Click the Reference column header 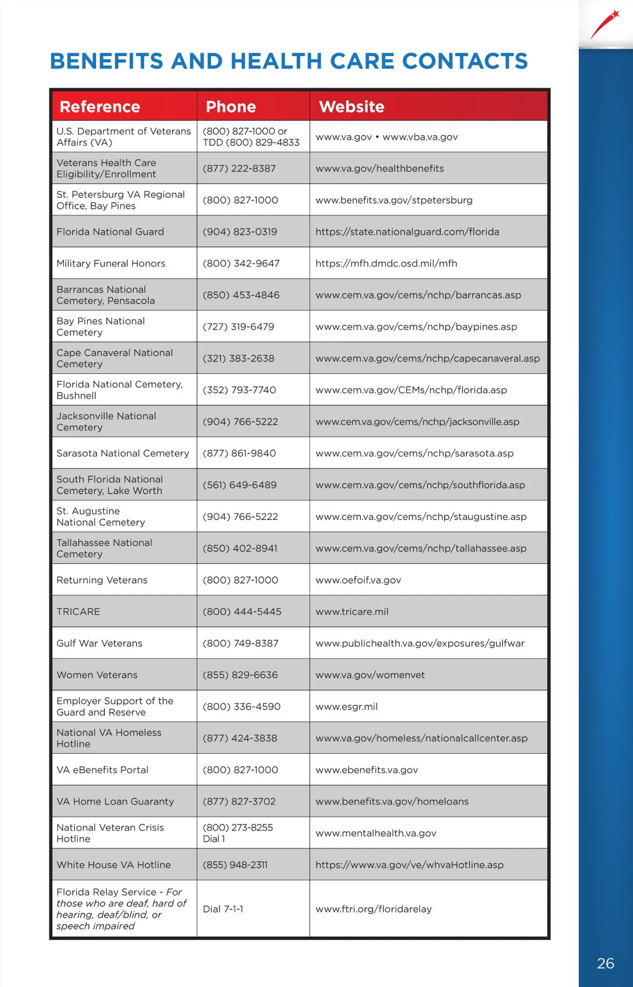[100, 107]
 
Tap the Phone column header [231, 107]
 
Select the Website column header [351, 107]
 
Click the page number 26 [606, 963]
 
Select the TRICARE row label [78, 611]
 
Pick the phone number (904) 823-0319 [240, 232]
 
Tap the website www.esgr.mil [347, 706]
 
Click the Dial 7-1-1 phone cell [223, 909]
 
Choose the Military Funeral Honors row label [111, 263]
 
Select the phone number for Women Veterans [240, 675]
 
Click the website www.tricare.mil [352, 611]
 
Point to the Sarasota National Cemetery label [122, 453]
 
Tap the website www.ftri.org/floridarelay [373, 909]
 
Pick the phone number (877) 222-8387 [239, 168]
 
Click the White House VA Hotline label [113, 865]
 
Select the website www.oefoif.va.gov [358, 580]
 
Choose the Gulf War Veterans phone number [241, 643]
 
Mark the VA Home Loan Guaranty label [115, 801]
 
